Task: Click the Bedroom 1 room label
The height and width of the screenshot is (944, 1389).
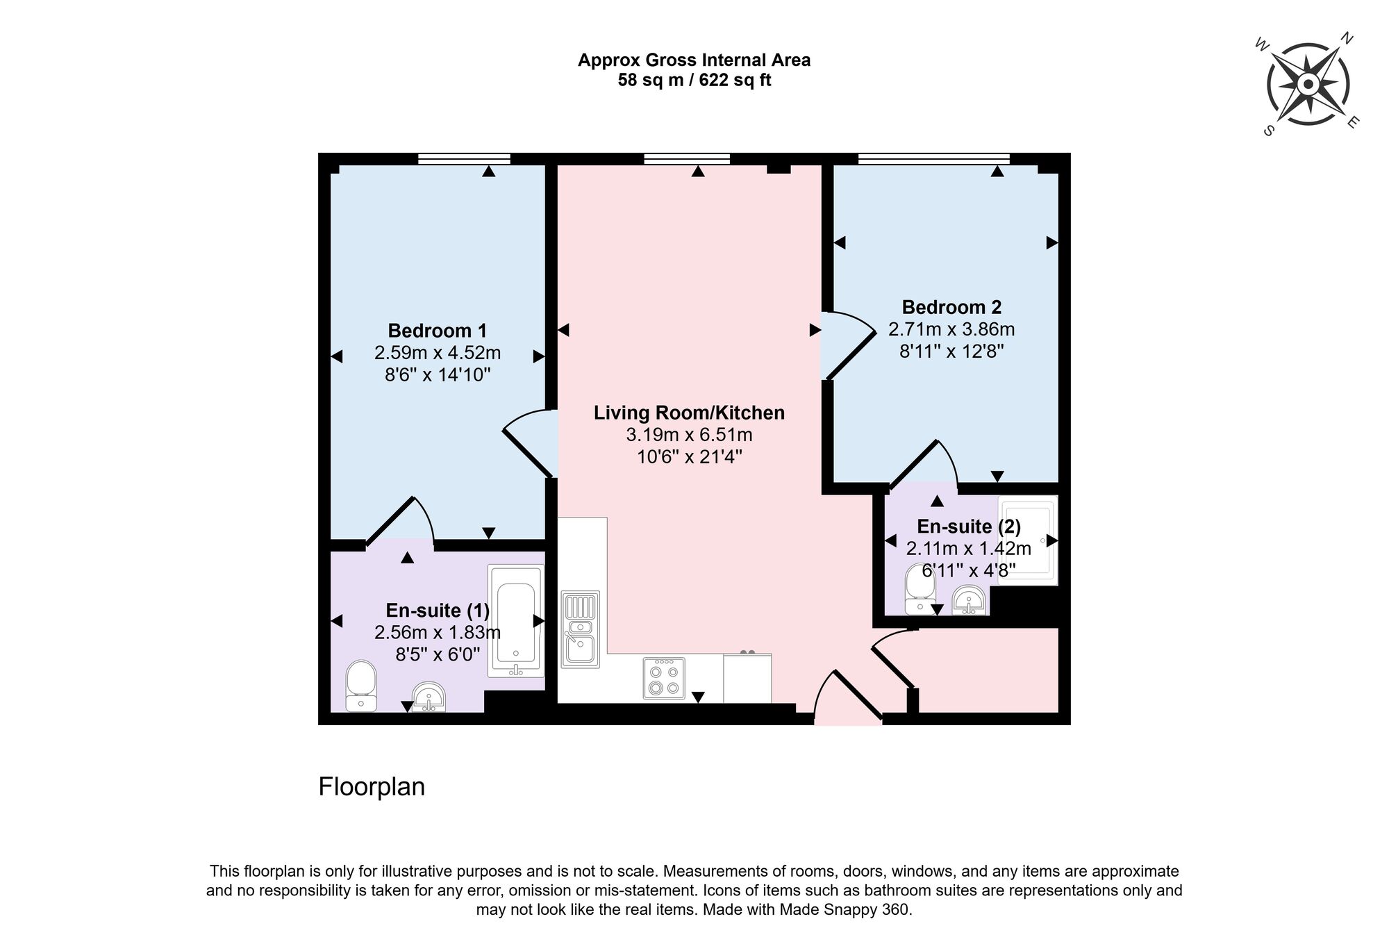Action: click(437, 331)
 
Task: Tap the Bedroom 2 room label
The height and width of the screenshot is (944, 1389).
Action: click(951, 307)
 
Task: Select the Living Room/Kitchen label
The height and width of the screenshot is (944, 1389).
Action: click(689, 413)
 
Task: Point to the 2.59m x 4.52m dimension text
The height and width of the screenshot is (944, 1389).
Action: click(438, 353)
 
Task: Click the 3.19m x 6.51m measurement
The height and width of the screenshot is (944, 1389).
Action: click(689, 435)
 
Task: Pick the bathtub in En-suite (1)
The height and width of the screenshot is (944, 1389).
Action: click(515, 620)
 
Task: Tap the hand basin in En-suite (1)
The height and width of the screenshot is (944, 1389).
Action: click(429, 697)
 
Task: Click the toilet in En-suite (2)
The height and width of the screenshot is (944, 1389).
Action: click(920, 590)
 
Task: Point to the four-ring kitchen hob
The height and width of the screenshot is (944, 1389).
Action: click(663, 678)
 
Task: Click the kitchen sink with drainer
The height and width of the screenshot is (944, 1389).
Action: click(580, 629)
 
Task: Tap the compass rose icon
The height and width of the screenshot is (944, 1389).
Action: click(1308, 85)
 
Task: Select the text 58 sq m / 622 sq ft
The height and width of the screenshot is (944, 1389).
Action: click(694, 81)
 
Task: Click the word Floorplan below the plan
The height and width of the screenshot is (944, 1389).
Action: click(372, 786)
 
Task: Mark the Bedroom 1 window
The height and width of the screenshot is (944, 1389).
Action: click(464, 159)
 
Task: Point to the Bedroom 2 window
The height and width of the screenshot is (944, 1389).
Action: click(933, 159)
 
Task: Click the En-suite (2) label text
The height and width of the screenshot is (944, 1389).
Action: click(969, 526)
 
